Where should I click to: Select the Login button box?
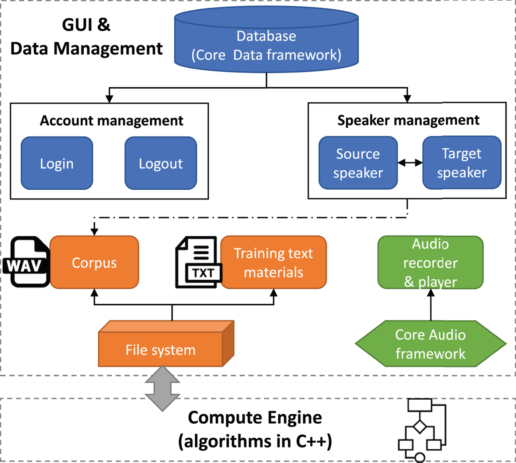[x=57, y=163]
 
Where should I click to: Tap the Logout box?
[x=161, y=163]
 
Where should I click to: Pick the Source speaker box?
[x=358, y=163]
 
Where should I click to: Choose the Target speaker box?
[x=462, y=163]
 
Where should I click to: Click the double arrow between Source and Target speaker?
[x=410, y=162]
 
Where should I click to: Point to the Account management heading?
[x=111, y=121]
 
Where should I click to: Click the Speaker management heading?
[x=408, y=120]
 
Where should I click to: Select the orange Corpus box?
[x=94, y=262]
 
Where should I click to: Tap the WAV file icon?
[x=26, y=262]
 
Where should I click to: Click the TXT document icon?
[x=198, y=262]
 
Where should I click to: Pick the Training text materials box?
[x=273, y=262]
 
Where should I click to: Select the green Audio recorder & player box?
[x=430, y=262]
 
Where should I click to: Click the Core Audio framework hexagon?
[x=430, y=344]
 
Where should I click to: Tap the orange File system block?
[x=161, y=349]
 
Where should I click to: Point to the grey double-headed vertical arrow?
[x=162, y=388]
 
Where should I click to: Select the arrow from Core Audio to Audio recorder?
[x=431, y=305]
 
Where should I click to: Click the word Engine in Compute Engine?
[x=294, y=418]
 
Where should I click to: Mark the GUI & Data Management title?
[x=86, y=37]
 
